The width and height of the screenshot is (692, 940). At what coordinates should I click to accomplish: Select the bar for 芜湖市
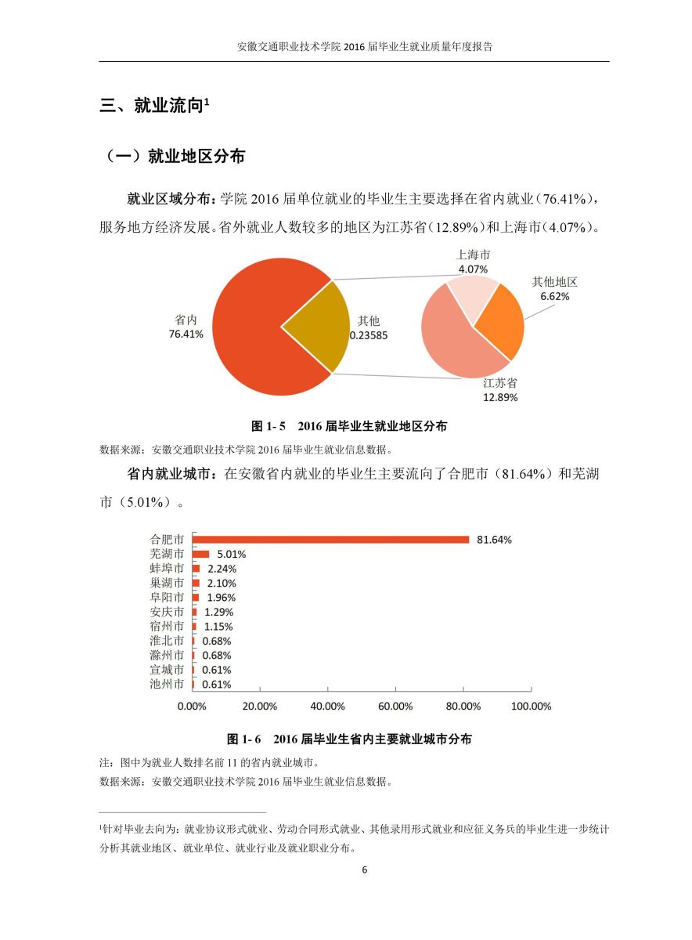tap(201, 554)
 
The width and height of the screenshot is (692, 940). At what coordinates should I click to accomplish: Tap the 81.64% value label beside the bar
tap(494, 540)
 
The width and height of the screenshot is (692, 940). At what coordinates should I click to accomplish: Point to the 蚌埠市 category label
tap(167, 569)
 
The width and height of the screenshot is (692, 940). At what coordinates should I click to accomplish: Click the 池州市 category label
tap(167, 684)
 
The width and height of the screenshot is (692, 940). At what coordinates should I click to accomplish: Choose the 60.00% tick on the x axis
tap(395, 706)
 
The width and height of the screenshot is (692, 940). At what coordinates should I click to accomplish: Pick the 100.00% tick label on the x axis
tap(531, 706)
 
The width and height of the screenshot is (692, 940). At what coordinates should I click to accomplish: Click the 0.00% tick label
tap(193, 706)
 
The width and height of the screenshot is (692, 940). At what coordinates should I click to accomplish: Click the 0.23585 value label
tap(369, 334)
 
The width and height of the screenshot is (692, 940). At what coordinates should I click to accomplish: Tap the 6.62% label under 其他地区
tap(554, 297)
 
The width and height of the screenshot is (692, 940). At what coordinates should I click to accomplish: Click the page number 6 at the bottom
tap(364, 869)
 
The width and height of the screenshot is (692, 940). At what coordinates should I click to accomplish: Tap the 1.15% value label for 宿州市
tap(218, 627)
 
